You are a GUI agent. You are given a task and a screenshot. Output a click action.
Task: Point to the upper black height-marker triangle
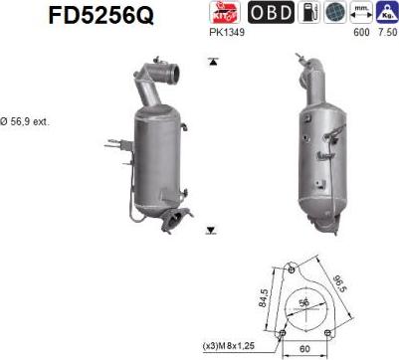click(x=212, y=62)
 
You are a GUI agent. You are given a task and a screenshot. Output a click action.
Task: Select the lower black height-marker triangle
click(x=211, y=231)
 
